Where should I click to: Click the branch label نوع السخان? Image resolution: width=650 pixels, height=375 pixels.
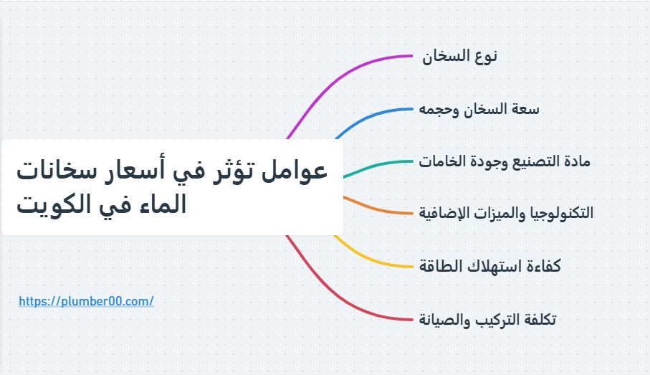coord(459,57)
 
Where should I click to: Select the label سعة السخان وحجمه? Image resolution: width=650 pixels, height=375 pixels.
coord(479,109)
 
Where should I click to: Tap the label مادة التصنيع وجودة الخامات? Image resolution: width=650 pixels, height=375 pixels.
coord(504,161)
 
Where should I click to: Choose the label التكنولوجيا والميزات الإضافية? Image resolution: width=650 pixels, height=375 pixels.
coord(506,213)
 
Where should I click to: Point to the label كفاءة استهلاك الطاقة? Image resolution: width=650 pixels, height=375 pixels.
coord(489,266)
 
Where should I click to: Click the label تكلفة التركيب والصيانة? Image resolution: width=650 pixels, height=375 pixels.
coord(487,319)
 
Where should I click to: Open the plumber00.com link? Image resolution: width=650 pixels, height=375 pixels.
coord(86,301)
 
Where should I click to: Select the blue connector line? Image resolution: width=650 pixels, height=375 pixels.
coord(373,115)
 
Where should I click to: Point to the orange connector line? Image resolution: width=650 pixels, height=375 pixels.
coord(380,210)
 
